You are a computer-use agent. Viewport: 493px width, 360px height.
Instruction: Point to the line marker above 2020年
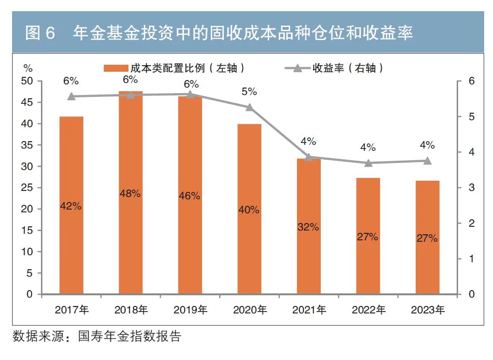(249, 107)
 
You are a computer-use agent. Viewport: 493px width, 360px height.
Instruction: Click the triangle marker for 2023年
(427, 161)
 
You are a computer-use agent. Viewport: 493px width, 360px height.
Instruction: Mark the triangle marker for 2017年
(71, 96)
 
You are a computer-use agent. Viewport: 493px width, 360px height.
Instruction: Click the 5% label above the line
(249, 92)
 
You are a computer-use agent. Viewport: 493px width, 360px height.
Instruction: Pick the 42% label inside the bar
(71, 205)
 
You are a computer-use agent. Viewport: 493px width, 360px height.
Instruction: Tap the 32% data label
(308, 227)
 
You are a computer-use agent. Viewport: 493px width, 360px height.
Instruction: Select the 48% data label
(130, 194)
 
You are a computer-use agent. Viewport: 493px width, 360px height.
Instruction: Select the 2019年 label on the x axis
(190, 310)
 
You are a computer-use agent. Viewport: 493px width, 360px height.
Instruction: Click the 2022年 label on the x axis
(368, 310)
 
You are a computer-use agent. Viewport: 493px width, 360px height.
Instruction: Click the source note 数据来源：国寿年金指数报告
(97, 336)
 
